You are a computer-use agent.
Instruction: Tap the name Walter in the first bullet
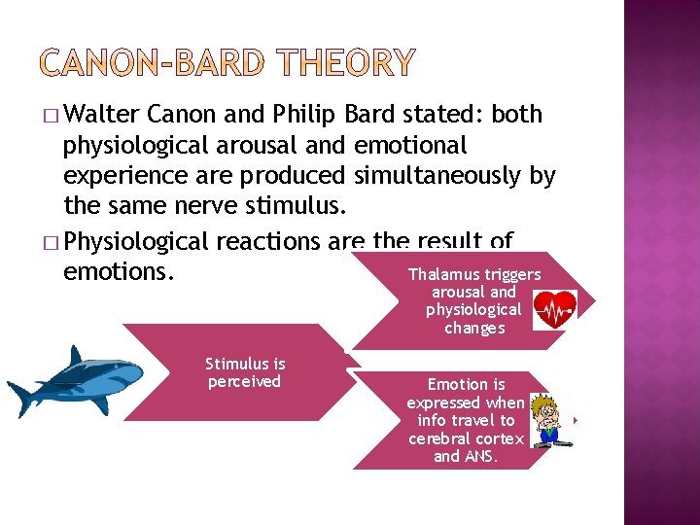(x=106, y=115)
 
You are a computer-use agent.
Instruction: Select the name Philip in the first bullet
(x=301, y=115)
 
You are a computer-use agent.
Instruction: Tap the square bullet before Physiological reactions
(x=50, y=240)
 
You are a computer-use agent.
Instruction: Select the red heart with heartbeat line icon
(x=555, y=309)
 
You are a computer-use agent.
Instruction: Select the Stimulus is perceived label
(x=244, y=372)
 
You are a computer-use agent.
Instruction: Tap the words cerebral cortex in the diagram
(x=466, y=438)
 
